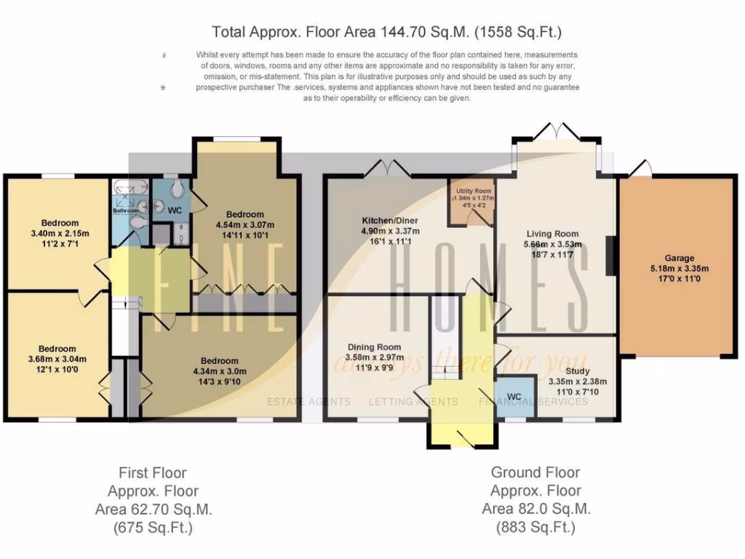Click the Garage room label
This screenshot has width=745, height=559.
(679, 258)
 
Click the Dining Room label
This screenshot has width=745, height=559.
(374, 347)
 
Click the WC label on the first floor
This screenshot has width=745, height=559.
(175, 210)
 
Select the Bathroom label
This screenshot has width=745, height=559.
(125, 211)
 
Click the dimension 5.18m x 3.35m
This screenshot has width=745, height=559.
(679, 268)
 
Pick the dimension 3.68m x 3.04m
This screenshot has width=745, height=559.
(58, 359)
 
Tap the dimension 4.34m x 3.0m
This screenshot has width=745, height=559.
(219, 371)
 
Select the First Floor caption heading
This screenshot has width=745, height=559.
(153, 473)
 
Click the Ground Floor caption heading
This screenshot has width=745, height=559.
(535, 472)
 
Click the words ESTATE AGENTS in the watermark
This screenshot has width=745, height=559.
(309, 401)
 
